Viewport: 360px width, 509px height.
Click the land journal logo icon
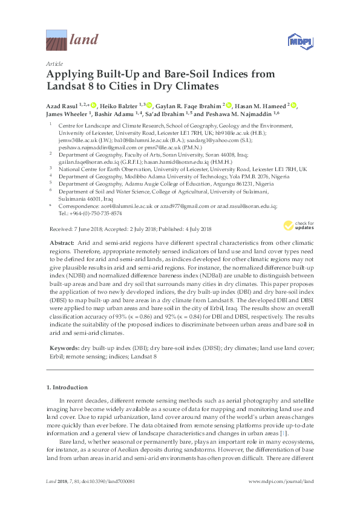point(57,41)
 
